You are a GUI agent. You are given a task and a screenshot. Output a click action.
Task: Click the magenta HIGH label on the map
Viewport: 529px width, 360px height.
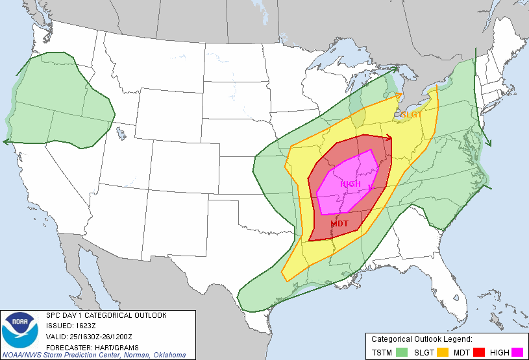[351, 184]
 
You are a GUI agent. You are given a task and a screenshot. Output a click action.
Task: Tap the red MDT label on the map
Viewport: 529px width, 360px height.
[339, 224]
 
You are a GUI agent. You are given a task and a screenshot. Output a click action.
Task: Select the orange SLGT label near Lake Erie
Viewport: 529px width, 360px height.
[412, 115]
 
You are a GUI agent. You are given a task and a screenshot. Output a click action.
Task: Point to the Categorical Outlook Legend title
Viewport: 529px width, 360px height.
[421, 339]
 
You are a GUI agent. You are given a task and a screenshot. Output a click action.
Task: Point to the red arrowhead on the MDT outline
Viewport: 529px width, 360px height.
[389, 137]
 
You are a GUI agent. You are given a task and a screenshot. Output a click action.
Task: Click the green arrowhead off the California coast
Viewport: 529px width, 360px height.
[5, 141]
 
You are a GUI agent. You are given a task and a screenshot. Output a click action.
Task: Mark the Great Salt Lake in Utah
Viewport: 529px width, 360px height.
[121, 134]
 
